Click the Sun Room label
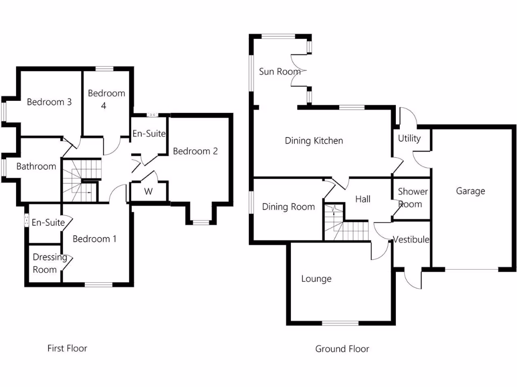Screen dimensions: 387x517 pos(279,72)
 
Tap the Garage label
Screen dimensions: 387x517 pos(470,191)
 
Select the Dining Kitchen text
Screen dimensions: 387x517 pos(314,141)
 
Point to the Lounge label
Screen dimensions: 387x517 pos(316,279)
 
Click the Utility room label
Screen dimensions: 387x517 pos(409,138)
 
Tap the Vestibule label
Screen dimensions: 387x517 pos(411,239)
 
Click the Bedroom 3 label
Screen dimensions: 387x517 pos(49,102)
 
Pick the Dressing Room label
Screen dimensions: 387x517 pos(49,263)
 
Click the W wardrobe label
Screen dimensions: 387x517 pos(148,191)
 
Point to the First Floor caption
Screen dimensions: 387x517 pos(67,348)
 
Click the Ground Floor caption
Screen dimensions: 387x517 pos(342,349)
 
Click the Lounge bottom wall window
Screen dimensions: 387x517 pos(340,323)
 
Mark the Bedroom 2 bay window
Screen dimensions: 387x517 pos(200,222)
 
